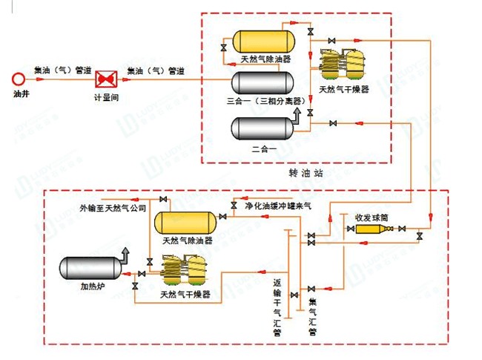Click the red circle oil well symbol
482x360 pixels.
[x=19, y=78]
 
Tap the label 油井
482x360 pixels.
[x=21, y=94]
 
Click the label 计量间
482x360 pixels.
[x=106, y=96]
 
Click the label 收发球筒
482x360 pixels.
[x=373, y=217]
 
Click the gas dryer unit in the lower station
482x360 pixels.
[x=185, y=271]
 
